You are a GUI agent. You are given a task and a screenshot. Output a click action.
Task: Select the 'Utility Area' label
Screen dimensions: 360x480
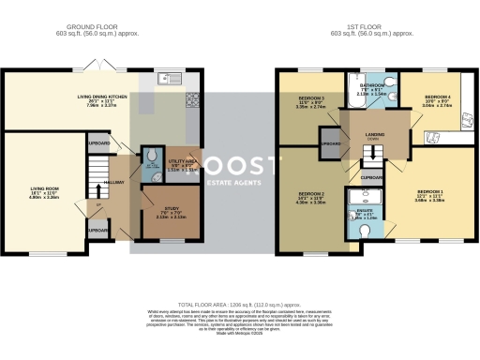click(x=181, y=162)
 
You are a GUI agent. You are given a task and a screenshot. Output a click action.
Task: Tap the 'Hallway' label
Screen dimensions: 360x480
click(x=113, y=181)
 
